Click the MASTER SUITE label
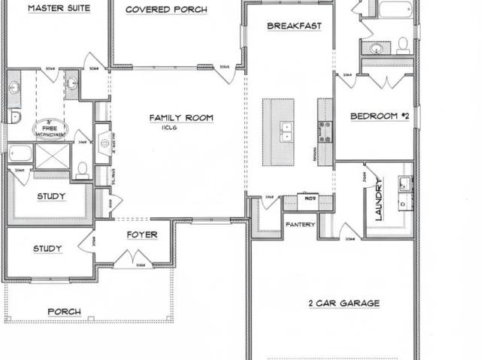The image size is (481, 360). pyautogui.click(x=59, y=9)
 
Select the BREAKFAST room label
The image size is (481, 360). pyautogui.click(x=295, y=26)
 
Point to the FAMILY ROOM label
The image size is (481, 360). pyautogui.click(x=181, y=118)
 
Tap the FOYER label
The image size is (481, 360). pyautogui.click(x=141, y=234)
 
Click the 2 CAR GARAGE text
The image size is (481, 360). pyautogui.click(x=343, y=304)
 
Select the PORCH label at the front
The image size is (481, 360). pyautogui.click(x=65, y=312)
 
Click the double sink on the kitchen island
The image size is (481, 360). pyautogui.click(x=286, y=131)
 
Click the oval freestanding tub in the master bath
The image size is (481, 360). pyautogui.click(x=51, y=129)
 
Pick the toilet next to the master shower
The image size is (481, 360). pyautogui.click(x=83, y=168)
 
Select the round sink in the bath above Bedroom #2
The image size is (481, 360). pyautogui.click(x=377, y=48)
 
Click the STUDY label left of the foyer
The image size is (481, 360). pyautogui.click(x=47, y=249)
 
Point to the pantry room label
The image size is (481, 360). pyautogui.click(x=299, y=224)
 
